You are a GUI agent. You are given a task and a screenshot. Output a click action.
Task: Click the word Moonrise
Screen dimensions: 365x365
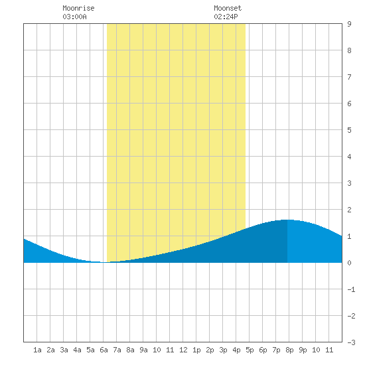pos(78,8)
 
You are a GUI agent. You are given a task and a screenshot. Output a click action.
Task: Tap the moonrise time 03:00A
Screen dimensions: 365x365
pos(74,17)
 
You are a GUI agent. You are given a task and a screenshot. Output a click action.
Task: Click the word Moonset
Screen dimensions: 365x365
pos(228,8)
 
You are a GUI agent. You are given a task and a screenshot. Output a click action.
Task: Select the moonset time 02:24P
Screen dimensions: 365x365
pos(226,17)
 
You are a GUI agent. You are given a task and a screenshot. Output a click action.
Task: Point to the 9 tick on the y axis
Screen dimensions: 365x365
pos(349,24)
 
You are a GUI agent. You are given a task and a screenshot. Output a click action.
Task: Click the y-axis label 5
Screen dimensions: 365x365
pos(349,130)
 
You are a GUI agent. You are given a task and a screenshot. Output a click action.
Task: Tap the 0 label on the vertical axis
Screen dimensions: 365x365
pos(349,263)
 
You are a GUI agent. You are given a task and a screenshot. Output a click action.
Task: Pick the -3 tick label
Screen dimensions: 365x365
pos(351,342)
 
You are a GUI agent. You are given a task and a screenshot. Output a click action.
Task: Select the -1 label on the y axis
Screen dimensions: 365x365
pos(351,289)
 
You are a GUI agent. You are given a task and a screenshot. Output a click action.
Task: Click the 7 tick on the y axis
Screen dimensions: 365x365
pos(349,77)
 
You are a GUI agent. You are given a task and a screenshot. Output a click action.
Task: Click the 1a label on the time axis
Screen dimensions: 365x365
pos(37,350)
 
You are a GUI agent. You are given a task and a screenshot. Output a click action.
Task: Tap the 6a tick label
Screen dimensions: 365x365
pos(104,350)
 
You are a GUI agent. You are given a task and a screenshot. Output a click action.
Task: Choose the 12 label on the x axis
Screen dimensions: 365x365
pos(183,350)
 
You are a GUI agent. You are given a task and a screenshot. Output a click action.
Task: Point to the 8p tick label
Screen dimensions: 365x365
pos(289,350)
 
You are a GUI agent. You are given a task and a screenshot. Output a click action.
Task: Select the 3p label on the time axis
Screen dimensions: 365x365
pos(223,350)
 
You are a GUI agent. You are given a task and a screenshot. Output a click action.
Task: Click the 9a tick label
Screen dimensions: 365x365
pos(143,350)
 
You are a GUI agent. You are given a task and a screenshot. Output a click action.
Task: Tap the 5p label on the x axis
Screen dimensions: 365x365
pos(250,350)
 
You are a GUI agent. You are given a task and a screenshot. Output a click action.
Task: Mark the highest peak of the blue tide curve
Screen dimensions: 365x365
pos(287,220)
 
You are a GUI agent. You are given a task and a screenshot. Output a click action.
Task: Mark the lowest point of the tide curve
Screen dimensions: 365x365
pos(104,262)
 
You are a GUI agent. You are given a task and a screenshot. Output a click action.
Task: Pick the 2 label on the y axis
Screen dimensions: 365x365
pos(349,210)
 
